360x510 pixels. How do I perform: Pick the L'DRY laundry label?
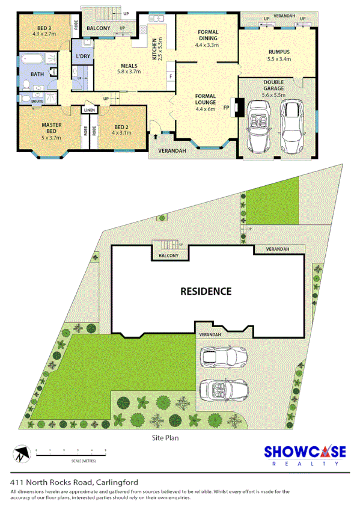coord(83,57)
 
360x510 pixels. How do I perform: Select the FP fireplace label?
coord(227,109)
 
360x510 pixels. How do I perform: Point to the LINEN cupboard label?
coord(90,110)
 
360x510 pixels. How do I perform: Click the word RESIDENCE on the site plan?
coord(206,292)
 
